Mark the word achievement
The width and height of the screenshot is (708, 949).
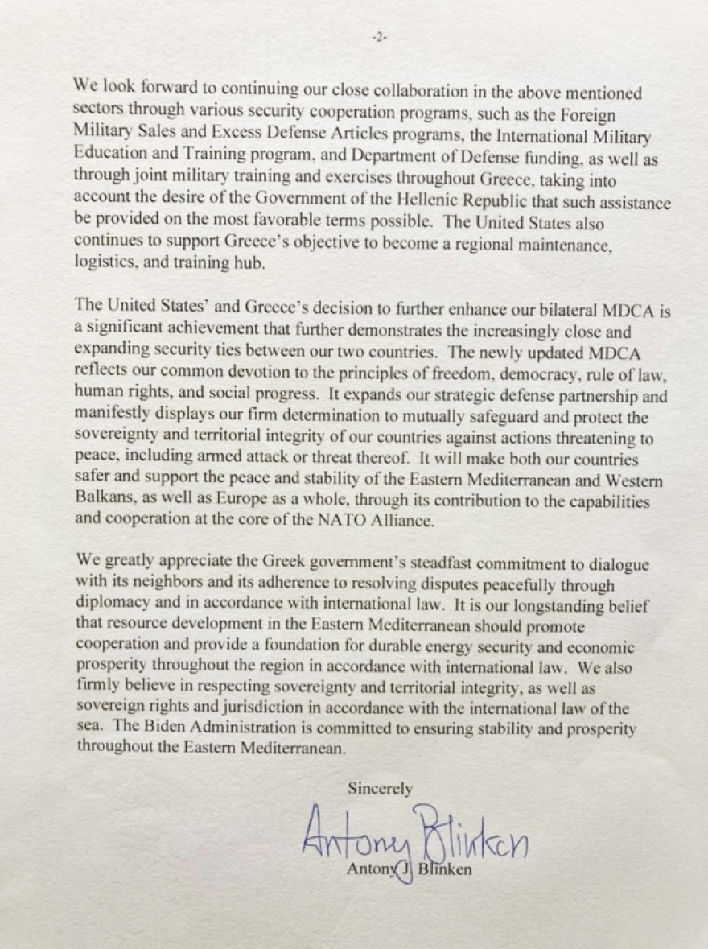(206, 331)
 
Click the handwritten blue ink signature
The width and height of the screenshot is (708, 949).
(414, 837)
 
